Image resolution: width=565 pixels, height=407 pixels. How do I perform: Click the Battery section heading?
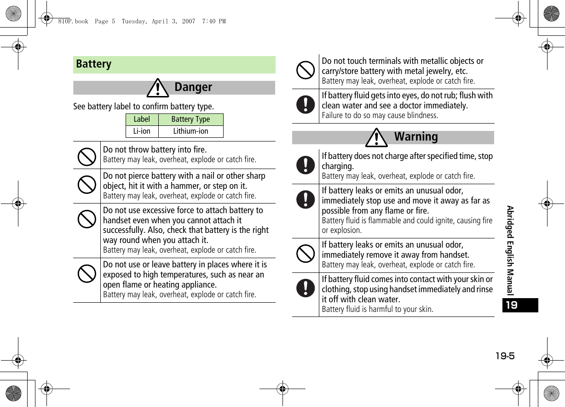[x=94, y=64]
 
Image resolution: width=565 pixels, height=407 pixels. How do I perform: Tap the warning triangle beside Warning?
[x=377, y=137]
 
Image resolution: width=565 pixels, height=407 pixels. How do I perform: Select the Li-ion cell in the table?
[x=142, y=131]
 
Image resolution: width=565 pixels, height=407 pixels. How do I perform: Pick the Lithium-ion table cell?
[x=190, y=131]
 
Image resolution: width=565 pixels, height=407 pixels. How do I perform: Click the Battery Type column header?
[x=190, y=119]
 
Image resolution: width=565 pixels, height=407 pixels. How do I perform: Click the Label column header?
[x=142, y=119]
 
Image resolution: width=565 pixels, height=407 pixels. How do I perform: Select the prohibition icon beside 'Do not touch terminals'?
[x=306, y=70]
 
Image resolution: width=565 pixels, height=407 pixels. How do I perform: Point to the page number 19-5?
[x=505, y=356]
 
